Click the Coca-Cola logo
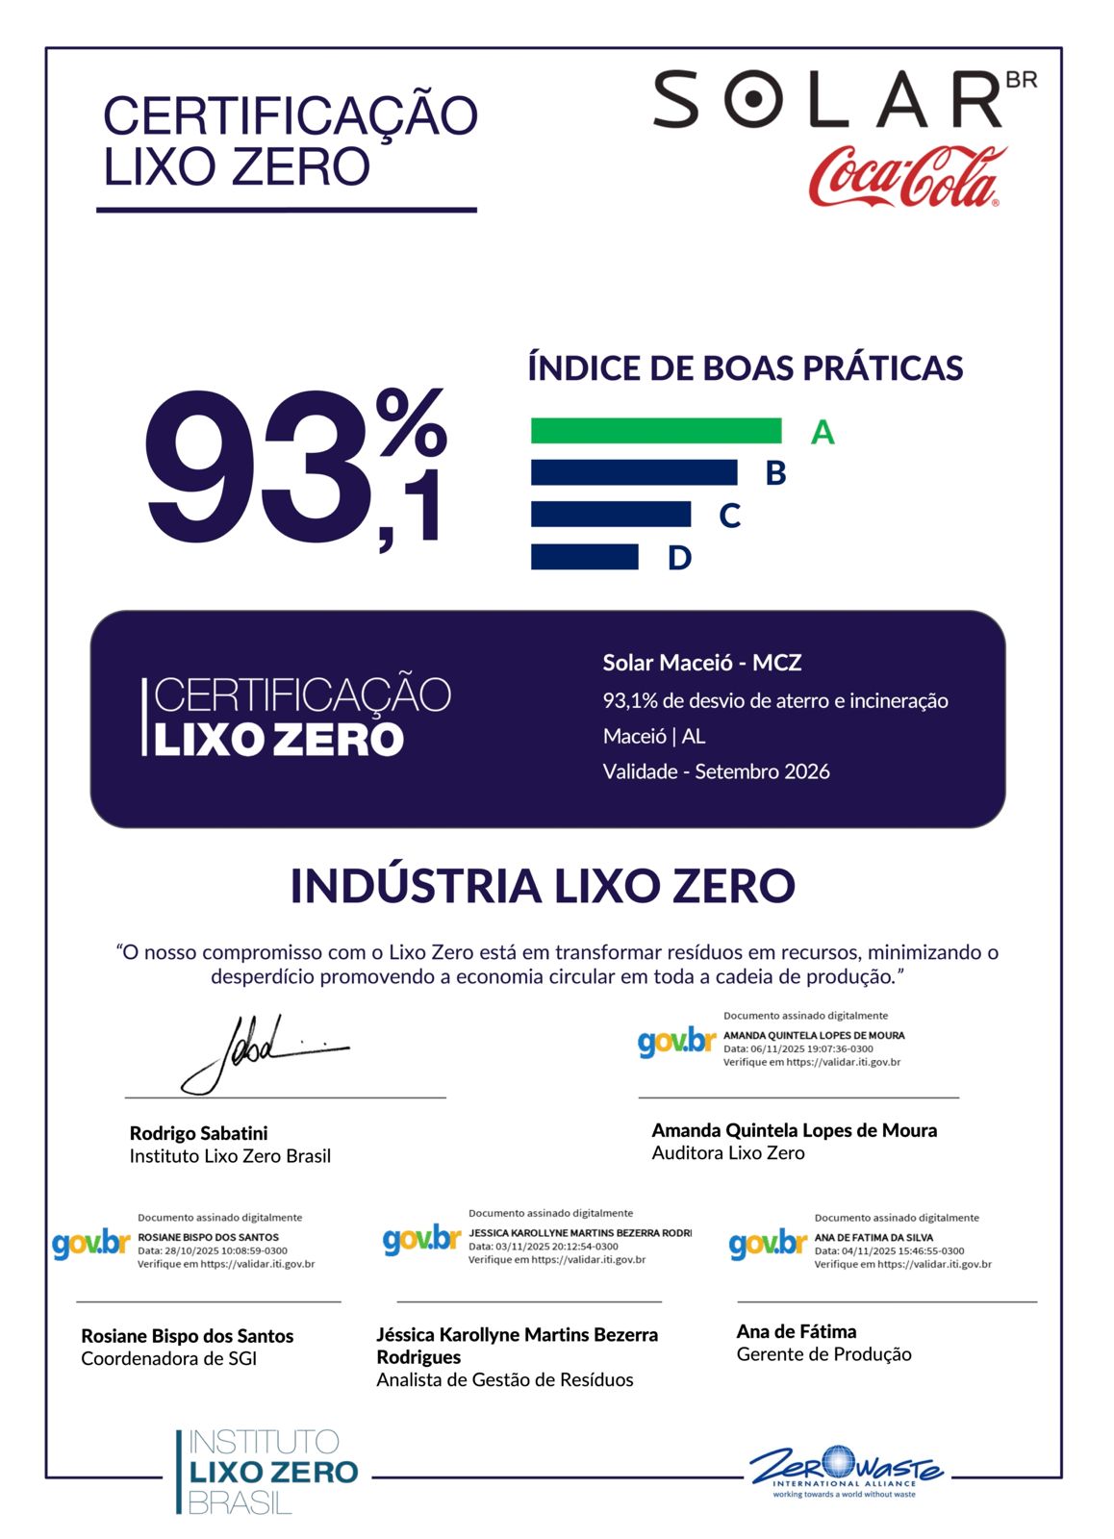906,176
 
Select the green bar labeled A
655,431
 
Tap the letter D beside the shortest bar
679,558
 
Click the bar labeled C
610,515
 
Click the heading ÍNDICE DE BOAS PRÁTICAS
745,368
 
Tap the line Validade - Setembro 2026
716,771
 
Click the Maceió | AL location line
653,737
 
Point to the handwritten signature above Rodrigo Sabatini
255,1053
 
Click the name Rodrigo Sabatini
198,1133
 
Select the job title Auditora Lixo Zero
727,1153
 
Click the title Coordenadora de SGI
168,1359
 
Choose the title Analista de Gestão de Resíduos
504,1380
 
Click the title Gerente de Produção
823,1354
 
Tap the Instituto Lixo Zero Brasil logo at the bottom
266,1472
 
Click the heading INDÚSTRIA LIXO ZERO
543,886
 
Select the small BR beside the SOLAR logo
1021,80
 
